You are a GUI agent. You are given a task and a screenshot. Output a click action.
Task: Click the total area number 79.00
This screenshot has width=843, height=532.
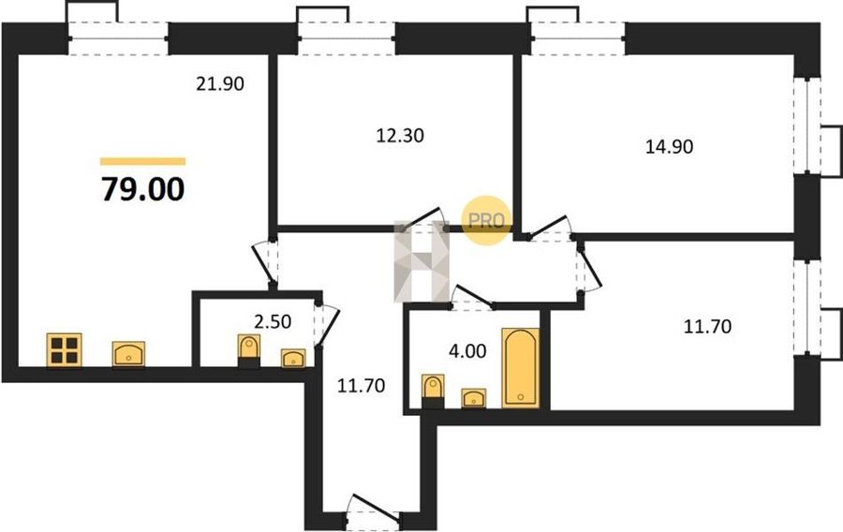(143, 189)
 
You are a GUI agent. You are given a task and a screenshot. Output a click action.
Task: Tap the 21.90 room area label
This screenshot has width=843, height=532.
(220, 84)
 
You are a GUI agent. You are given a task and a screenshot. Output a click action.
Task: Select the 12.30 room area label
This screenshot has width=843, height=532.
(399, 136)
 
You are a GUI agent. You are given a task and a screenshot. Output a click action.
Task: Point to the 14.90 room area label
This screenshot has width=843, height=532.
(669, 146)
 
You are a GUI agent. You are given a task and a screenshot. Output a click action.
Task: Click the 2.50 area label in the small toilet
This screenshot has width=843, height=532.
(273, 322)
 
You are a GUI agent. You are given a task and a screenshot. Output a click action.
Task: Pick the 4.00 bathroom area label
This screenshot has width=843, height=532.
(467, 351)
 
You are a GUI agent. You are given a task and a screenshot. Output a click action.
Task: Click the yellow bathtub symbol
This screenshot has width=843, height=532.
(521, 367)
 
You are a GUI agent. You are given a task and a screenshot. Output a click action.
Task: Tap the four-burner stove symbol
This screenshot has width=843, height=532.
(64, 350)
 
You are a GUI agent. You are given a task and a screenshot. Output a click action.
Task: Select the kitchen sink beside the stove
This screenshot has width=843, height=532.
(128, 354)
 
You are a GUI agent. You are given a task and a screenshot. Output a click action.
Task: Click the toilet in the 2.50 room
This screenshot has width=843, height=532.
(248, 351)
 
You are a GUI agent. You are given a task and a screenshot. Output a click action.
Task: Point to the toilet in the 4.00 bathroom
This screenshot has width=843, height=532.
(433, 392)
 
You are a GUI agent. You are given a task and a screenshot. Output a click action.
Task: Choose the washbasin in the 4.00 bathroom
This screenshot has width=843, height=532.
(473, 398)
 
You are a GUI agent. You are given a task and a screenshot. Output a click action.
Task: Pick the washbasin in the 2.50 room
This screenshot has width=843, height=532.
(293, 359)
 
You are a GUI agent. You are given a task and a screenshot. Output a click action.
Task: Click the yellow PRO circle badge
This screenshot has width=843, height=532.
(486, 220)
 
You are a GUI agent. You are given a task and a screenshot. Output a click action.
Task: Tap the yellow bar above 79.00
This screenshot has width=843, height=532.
(143, 161)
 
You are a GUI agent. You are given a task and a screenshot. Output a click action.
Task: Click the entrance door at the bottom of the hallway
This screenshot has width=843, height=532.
(374, 510)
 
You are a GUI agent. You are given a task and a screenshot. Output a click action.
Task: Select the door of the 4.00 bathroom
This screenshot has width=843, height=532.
(472, 298)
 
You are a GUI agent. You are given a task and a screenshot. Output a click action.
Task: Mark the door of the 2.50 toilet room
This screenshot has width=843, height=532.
(326, 325)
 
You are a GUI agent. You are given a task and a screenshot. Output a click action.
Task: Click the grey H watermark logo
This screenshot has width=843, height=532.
(421, 261)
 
